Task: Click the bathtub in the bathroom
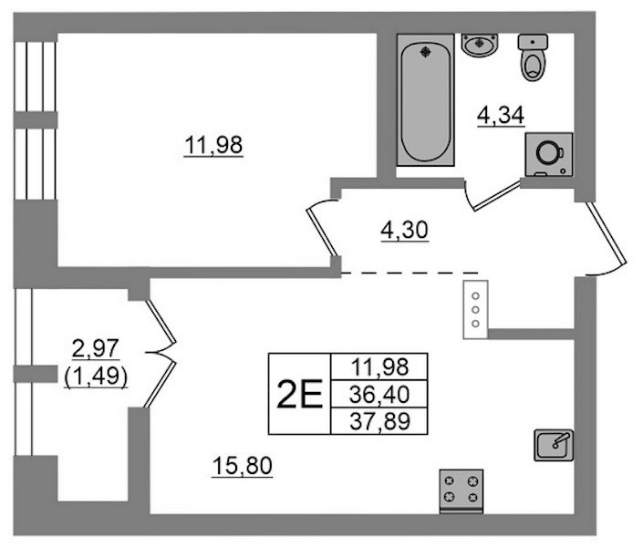coord(425,100)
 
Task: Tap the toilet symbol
coord(534,57)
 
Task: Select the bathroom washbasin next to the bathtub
coord(480,45)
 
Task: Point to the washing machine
coord(549,155)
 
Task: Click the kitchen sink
coord(554,445)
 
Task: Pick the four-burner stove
coord(462,490)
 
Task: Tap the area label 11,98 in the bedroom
coord(213,146)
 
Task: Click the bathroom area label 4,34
coord(501,116)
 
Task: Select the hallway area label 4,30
coord(404,230)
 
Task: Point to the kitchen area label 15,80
coord(243,466)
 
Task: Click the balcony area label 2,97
coord(96,348)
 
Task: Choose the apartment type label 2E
coord(300,394)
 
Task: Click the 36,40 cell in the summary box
coord(379,394)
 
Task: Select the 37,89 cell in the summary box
coord(379,421)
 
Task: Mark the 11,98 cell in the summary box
coord(379,366)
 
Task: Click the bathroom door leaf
coord(496,196)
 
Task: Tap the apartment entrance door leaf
coord(607,232)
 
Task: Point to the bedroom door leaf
coord(322,232)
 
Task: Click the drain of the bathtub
coord(425,51)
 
